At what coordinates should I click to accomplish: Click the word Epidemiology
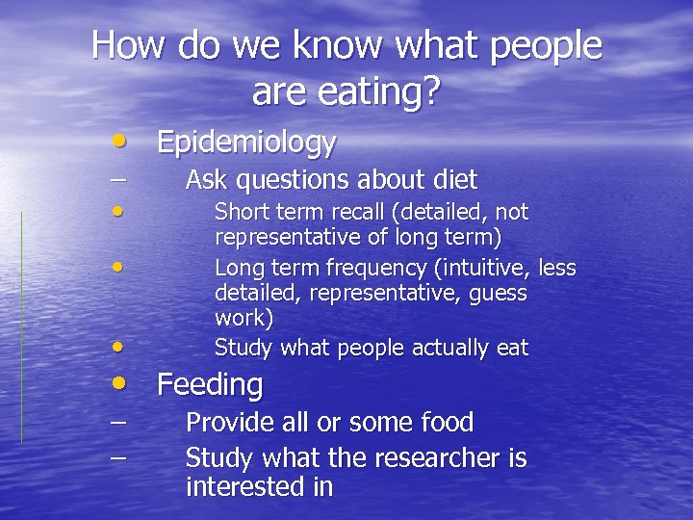pyautogui.click(x=246, y=143)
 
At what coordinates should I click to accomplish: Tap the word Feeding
pyautogui.click(x=209, y=384)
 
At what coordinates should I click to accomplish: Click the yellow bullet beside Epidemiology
pyautogui.click(x=117, y=142)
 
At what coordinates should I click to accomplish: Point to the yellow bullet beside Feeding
pyautogui.click(x=117, y=382)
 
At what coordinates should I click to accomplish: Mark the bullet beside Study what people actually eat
pyautogui.click(x=116, y=345)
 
